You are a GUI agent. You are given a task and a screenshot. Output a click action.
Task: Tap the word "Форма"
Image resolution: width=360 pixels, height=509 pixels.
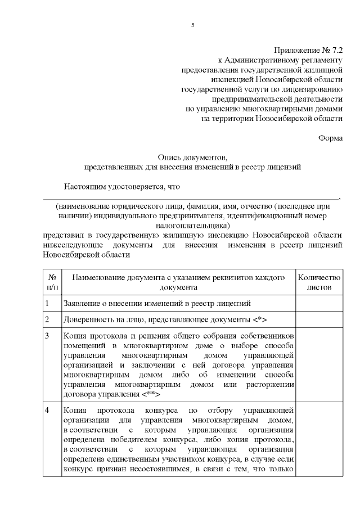[330, 138]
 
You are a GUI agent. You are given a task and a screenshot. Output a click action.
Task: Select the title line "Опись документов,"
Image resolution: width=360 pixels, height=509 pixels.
[192, 157]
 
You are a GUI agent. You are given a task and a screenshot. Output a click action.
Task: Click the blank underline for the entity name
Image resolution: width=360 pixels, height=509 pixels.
[191, 197]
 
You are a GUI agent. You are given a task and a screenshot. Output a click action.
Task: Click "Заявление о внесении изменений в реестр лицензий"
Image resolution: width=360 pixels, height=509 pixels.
[157, 304]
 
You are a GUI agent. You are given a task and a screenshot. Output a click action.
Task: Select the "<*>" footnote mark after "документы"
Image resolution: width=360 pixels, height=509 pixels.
[259, 320]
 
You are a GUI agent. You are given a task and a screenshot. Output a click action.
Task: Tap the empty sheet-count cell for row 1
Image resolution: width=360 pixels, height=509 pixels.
[319, 304]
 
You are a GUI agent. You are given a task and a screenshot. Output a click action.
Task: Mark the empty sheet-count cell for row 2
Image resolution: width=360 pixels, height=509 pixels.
[319, 320]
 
